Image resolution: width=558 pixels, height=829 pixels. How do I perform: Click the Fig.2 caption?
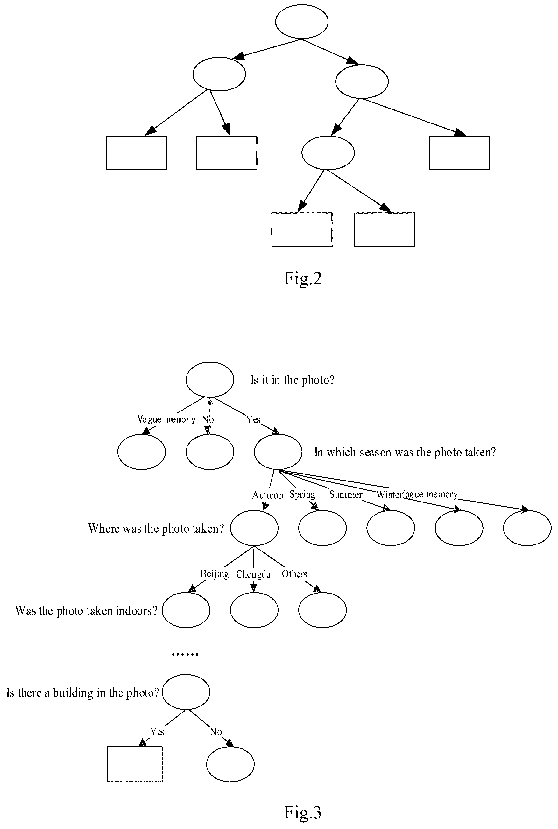[x=302, y=278]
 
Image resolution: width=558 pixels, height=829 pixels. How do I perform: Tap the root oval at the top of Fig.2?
[x=302, y=22]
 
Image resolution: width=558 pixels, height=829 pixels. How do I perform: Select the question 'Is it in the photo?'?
[x=292, y=380]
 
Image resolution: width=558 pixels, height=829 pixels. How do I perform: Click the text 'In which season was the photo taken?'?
[x=405, y=452]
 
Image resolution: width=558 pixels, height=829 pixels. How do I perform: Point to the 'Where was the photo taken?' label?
[x=156, y=528]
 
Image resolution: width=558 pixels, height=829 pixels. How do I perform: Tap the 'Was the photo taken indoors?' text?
[x=86, y=611]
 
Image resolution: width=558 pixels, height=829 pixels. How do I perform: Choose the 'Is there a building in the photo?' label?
[x=82, y=693]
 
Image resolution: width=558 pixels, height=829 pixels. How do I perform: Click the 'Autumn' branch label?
[x=268, y=495]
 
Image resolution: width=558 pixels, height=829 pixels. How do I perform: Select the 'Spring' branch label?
[x=302, y=495]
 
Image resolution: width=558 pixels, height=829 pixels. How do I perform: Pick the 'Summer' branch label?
[x=346, y=494]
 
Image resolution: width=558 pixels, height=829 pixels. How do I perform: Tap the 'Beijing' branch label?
[x=215, y=574]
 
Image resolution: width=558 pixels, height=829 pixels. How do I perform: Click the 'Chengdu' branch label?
[x=253, y=574]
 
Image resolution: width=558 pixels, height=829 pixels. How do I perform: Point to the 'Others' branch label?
[x=294, y=574]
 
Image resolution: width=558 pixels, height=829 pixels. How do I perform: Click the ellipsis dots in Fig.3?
[x=185, y=654]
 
